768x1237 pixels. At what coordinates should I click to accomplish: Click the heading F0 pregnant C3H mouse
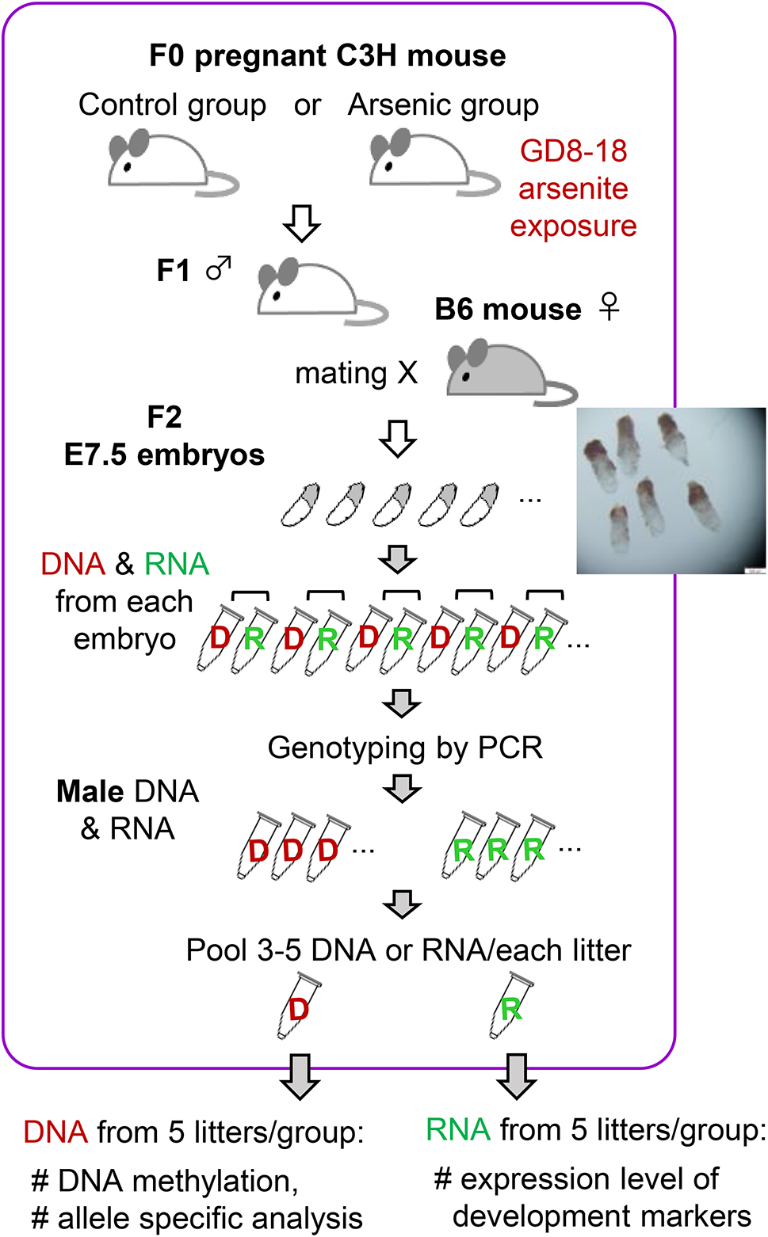click(327, 55)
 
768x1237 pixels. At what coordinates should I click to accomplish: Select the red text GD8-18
click(573, 150)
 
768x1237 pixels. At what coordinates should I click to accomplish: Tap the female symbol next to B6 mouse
click(609, 306)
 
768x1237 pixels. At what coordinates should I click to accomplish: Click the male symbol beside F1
click(219, 268)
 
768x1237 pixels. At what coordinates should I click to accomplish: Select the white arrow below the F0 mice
click(302, 223)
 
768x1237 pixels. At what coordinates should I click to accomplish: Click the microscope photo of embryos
click(671, 490)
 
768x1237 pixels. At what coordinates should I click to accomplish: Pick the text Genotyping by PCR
click(405, 748)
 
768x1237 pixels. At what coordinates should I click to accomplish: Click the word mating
click(341, 373)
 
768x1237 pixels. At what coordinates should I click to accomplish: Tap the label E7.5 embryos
click(164, 455)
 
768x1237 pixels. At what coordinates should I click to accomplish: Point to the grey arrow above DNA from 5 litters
click(300, 1075)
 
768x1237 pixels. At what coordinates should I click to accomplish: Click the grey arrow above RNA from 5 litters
click(517, 1075)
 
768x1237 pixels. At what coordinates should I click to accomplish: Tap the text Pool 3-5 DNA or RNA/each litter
click(408, 950)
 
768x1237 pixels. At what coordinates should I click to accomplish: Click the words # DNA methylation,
click(165, 1181)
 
